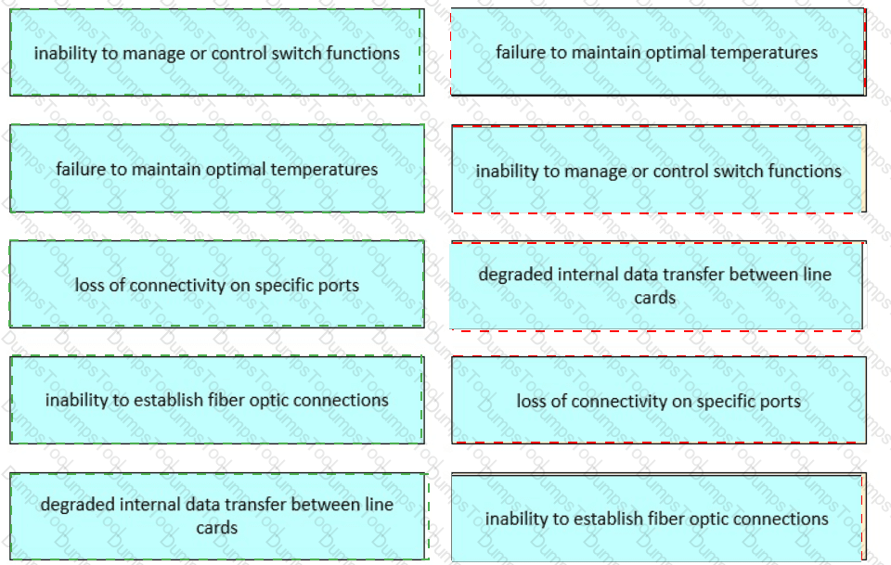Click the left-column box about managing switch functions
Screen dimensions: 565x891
click(x=216, y=53)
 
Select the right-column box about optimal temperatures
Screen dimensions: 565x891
click(x=657, y=53)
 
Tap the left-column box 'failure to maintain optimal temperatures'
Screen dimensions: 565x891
click(x=216, y=169)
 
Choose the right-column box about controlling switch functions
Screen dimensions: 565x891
click(x=658, y=171)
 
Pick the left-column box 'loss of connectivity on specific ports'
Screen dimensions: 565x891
click(x=216, y=285)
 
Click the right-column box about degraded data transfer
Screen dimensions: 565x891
click(x=655, y=286)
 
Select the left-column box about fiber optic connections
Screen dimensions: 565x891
click(x=216, y=400)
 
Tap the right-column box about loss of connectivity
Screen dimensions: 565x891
click(x=658, y=402)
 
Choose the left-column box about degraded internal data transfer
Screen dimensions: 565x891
click(x=216, y=516)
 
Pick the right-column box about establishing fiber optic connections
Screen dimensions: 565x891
click(x=656, y=519)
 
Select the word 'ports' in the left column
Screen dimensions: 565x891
click(x=337, y=286)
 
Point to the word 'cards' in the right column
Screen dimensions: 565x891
click(x=655, y=298)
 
